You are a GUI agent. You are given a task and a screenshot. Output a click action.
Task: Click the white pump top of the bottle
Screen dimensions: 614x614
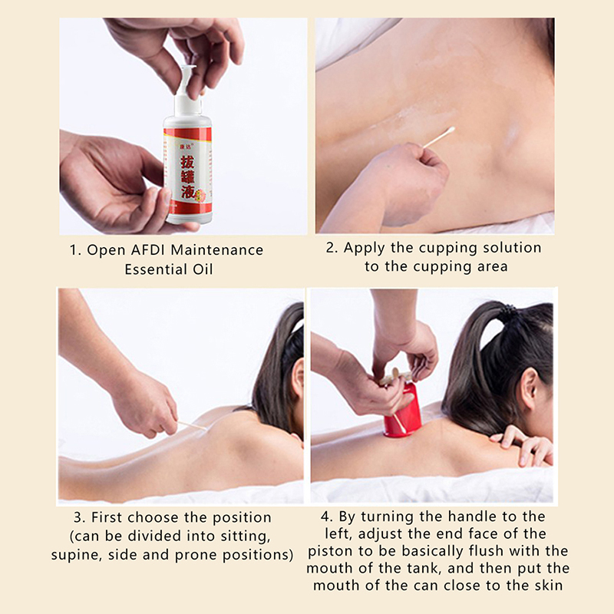point(187,92)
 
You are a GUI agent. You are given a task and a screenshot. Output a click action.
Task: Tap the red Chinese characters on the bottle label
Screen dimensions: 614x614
point(188,177)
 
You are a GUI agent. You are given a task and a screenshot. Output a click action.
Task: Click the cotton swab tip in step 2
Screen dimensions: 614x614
point(450,130)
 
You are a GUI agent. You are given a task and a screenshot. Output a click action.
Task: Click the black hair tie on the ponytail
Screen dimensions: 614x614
point(509,312)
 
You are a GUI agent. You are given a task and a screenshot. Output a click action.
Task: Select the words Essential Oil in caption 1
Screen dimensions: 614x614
point(169,269)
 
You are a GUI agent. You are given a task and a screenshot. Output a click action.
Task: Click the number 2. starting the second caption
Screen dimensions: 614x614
point(332,248)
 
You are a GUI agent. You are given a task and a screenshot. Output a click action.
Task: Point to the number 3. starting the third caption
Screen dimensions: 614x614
point(80,517)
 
